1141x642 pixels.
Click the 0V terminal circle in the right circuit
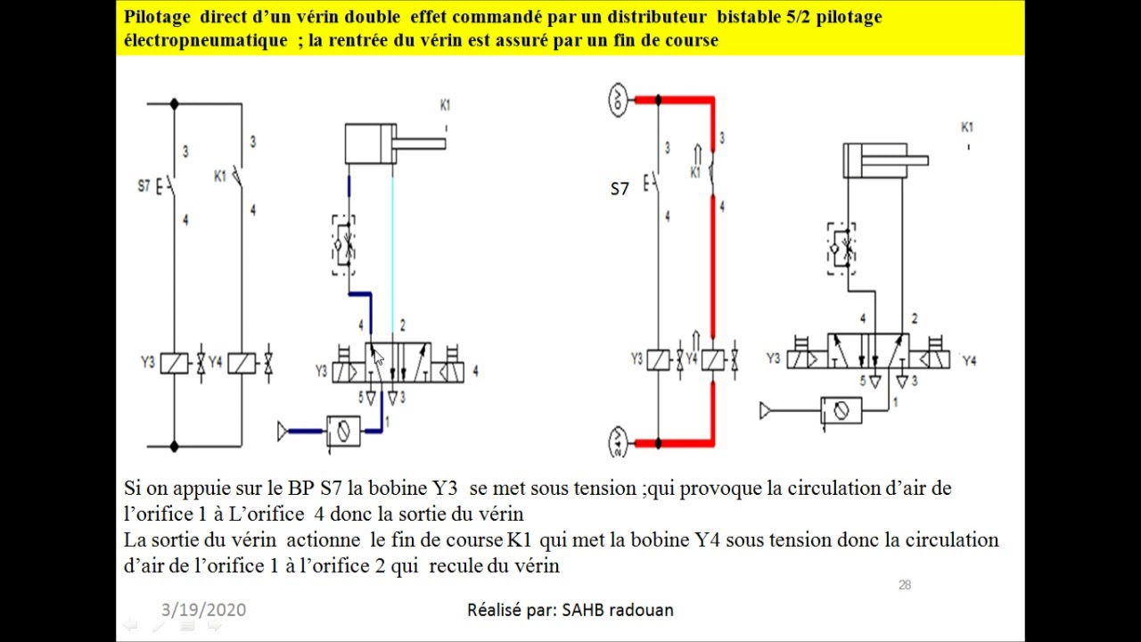[x=618, y=100]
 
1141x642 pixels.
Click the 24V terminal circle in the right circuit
[x=618, y=442]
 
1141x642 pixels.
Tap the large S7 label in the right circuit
[x=620, y=190]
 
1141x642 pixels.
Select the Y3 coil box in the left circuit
[x=174, y=363]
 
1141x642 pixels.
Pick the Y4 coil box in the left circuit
[x=242, y=363]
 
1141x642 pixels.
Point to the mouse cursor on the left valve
[x=377, y=358]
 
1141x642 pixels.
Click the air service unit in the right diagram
[x=841, y=411]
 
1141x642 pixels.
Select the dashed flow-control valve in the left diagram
[x=344, y=244]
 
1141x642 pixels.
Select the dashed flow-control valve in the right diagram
[x=841, y=249]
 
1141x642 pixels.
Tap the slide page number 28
[x=905, y=585]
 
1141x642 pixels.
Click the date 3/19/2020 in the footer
[x=204, y=610]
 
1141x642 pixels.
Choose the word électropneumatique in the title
[x=206, y=40]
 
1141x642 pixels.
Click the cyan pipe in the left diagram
[x=392, y=254]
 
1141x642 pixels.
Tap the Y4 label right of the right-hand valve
[x=969, y=361]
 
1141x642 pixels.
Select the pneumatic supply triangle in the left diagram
[x=283, y=432]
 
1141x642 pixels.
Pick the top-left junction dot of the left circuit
[x=174, y=104]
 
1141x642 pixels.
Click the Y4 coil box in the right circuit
[x=712, y=360]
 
